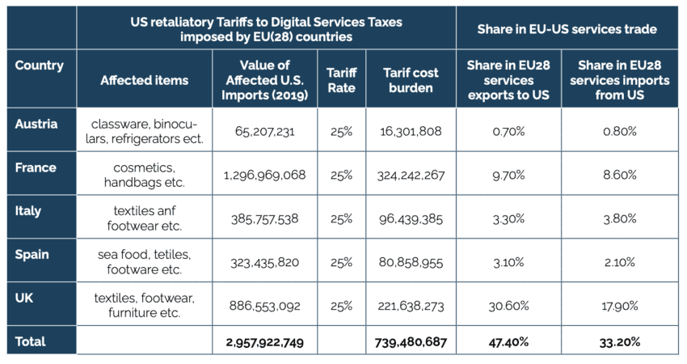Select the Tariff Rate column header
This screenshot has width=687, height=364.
coord(341,79)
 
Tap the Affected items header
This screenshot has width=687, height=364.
coord(145,80)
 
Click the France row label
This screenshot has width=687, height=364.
coord(36,167)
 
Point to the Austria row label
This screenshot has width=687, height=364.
coord(36,124)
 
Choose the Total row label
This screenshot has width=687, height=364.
coord(30,341)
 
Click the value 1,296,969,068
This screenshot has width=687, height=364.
coord(266,174)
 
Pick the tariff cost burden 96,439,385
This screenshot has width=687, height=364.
coord(411,218)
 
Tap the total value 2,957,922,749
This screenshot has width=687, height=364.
coord(264,342)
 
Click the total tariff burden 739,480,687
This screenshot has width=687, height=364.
coord(411,342)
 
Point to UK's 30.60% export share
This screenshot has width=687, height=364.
coord(508,305)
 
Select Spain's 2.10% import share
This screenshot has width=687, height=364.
coord(620,261)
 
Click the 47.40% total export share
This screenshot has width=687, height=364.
coord(508,342)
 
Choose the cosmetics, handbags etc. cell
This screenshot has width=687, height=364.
coord(145,174)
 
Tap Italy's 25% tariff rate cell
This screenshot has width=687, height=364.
coord(341,218)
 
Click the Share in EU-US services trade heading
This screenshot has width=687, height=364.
coord(567,29)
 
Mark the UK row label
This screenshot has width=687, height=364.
coord(24,298)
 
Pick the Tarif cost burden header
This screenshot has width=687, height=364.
coord(411,79)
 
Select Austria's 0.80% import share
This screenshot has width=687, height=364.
coord(620,130)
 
